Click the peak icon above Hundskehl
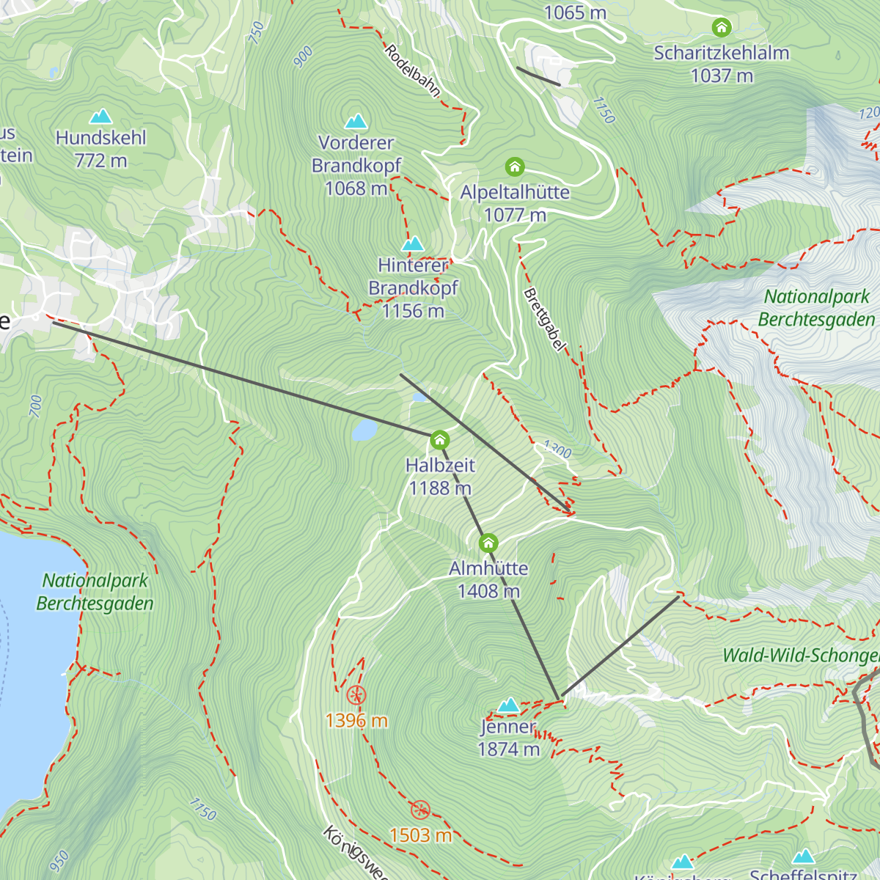(100, 116)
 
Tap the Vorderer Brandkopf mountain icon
(356, 120)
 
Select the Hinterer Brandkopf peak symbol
(413, 243)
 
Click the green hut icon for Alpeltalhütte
(515, 167)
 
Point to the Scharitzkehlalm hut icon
(722, 28)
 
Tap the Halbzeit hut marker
(439, 440)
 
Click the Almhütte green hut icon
(488, 543)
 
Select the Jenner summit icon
(508, 705)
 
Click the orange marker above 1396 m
(356, 694)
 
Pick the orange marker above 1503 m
(419, 810)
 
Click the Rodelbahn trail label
(413, 71)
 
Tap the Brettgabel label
(545, 320)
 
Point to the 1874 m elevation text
(508, 749)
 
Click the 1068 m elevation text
(356, 188)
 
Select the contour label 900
(303, 56)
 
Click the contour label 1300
(557, 449)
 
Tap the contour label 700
(36, 406)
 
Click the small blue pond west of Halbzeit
(364, 430)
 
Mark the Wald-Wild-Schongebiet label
(799, 656)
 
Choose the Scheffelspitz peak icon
(804, 857)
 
